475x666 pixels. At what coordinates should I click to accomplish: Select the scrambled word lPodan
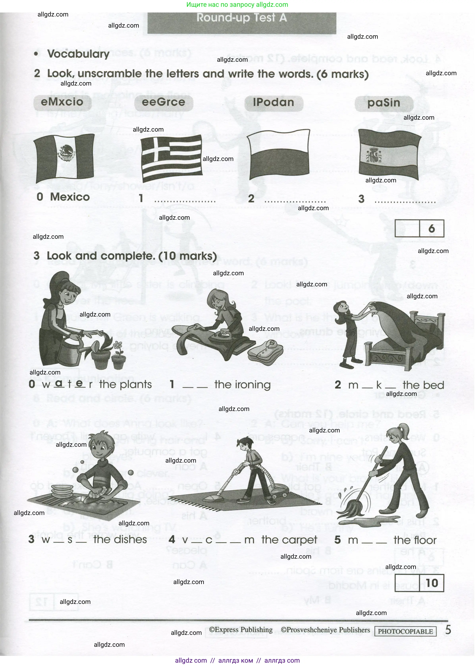click(x=274, y=103)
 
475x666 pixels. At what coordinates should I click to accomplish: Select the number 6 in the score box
click(x=431, y=229)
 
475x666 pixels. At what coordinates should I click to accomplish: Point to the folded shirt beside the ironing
click(x=265, y=350)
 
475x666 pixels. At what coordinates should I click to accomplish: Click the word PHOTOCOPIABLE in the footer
click(x=405, y=631)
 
